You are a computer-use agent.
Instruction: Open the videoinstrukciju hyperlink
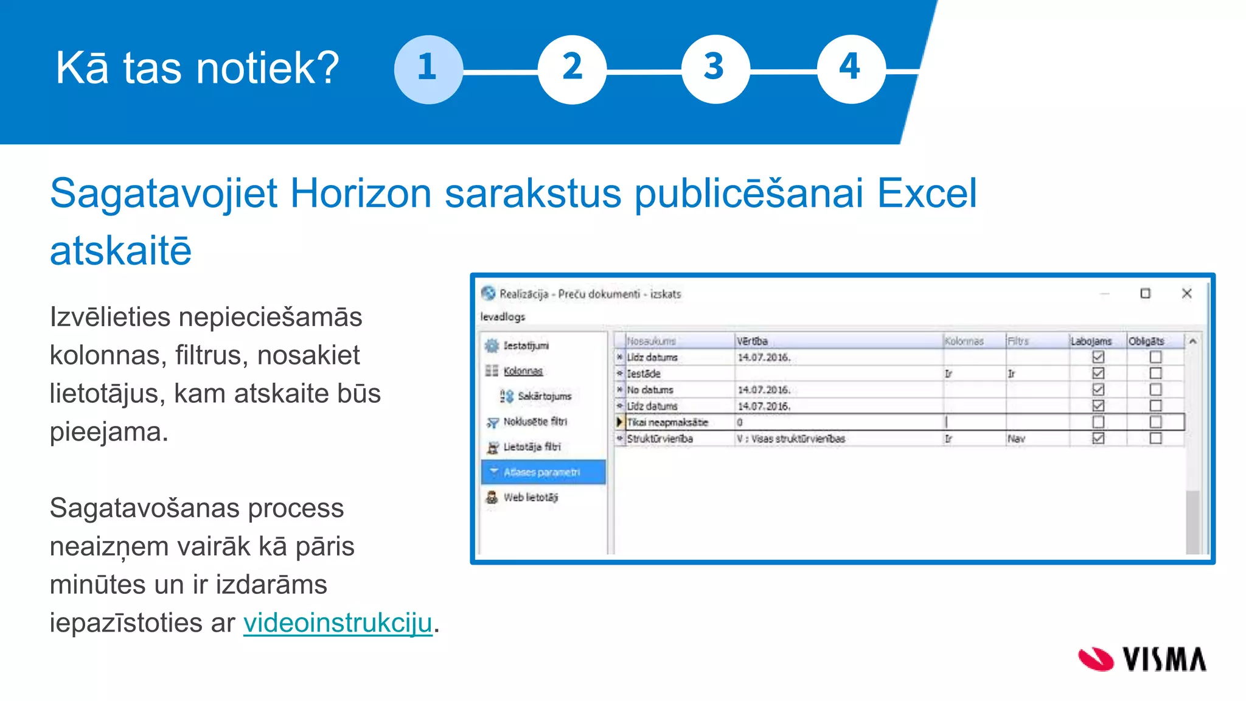point(338,623)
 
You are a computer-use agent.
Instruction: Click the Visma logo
point(1142,660)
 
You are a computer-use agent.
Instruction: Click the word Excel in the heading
point(926,194)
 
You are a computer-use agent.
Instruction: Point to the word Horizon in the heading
point(361,194)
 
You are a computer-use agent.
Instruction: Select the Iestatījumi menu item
point(526,346)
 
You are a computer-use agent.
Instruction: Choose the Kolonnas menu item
point(523,371)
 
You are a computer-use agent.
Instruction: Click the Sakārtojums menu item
point(544,396)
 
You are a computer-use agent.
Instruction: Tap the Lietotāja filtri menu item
point(532,447)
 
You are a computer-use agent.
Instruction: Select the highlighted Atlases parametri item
point(541,472)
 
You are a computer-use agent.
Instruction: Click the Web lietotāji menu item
point(530,497)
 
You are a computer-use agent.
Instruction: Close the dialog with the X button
point(1186,294)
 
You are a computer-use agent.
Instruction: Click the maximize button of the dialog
point(1145,294)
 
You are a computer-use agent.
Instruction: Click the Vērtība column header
point(753,341)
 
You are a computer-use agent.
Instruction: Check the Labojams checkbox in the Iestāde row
point(1098,374)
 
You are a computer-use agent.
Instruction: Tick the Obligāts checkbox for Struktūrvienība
point(1155,439)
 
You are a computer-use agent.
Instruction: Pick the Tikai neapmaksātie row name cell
point(667,422)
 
